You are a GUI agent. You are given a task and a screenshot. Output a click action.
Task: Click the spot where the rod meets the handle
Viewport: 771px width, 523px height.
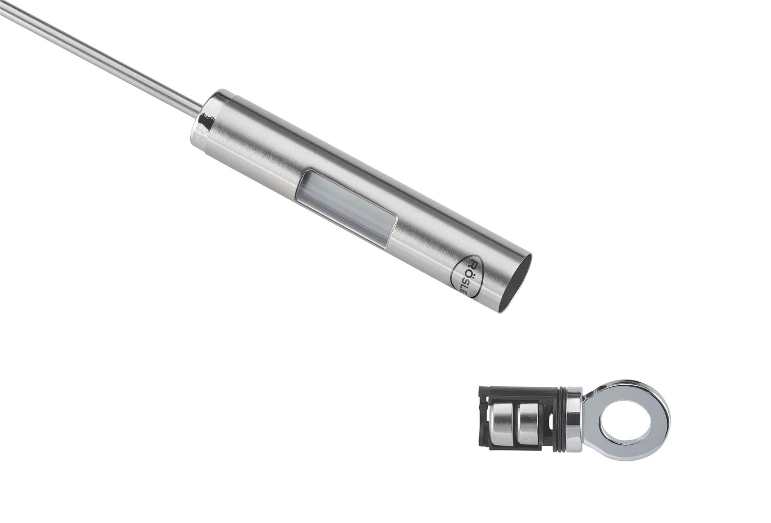click(197, 110)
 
